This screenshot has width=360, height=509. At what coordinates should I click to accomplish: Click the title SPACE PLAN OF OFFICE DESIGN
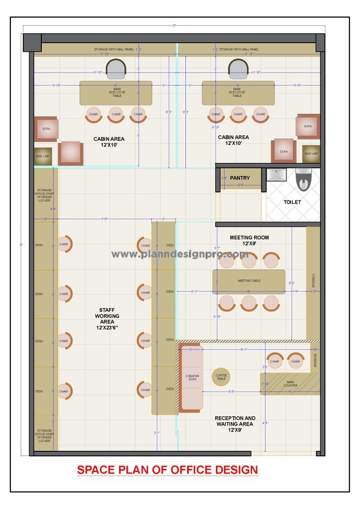coord(167,470)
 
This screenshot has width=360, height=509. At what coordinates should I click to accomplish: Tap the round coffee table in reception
coord(221,377)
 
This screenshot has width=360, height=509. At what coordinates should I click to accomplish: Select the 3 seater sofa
coord(192,378)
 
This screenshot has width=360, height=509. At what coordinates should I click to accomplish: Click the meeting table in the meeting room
coord(249,281)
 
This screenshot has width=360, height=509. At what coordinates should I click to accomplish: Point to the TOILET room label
coord(292,202)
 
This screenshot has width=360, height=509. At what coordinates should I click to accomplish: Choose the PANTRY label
coord(240,178)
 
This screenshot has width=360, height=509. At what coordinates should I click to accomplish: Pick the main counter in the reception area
coord(290,384)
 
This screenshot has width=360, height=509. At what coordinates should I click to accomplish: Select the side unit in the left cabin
coord(43,156)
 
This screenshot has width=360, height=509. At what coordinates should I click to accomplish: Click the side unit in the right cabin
coord(311,154)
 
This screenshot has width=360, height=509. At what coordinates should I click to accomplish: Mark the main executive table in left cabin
coord(116,93)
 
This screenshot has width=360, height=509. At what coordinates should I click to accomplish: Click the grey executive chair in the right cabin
coord(238,69)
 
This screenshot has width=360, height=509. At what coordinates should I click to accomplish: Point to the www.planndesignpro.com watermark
coord(180,254)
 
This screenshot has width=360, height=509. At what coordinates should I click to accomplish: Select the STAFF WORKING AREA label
coord(110,319)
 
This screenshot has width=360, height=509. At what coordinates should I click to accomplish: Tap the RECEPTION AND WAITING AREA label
coord(235,424)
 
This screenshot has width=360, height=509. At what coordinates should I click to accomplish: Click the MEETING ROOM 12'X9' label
coord(249,240)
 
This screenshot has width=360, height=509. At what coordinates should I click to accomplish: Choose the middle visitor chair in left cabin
coord(116,115)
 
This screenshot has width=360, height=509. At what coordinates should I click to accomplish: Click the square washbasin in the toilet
coord(276,175)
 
